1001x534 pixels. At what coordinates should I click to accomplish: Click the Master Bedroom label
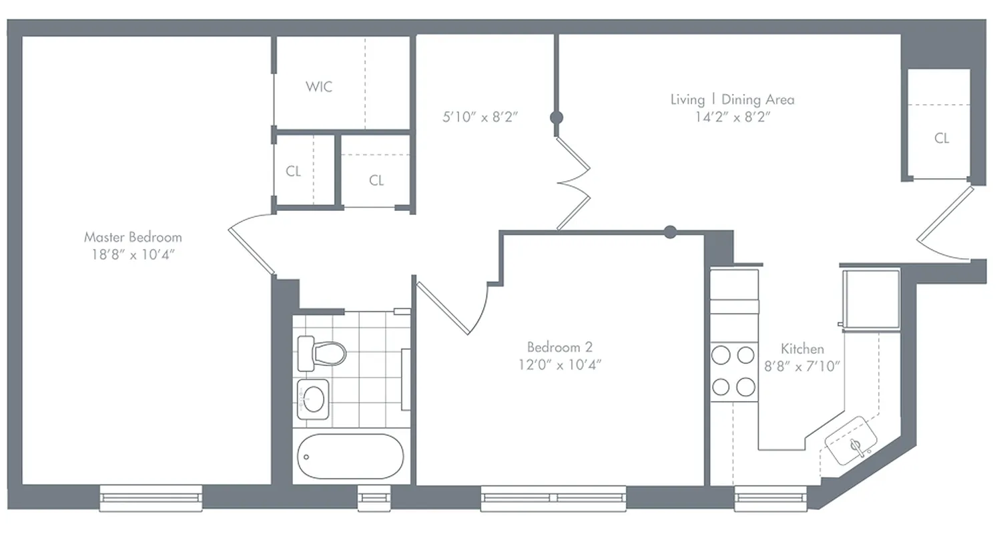pyautogui.click(x=133, y=237)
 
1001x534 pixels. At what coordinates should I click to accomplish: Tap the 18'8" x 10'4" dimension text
pyautogui.click(x=133, y=254)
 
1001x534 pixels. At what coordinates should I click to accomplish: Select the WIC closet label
pyautogui.click(x=319, y=87)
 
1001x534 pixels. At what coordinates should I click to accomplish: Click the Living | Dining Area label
pyautogui.click(x=732, y=99)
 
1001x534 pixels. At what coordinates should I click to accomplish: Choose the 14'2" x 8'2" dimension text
pyautogui.click(x=732, y=117)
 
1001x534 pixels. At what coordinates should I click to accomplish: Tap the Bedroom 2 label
pyautogui.click(x=559, y=347)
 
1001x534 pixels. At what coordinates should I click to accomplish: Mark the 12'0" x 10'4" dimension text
pyautogui.click(x=559, y=364)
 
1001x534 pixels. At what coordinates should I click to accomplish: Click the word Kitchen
pyautogui.click(x=802, y=348)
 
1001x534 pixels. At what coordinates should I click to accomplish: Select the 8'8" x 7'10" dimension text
pyautogui.click(x=802, y=366)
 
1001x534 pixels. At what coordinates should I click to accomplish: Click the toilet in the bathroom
pyautogui.click(x=322, y=352)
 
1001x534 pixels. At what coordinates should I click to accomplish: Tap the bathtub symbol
pyautogui.click(x=350, y=457)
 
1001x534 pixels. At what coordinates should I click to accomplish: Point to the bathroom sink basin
pyautogui.click(x=312, y=399)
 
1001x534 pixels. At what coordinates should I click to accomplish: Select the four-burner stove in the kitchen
pyautogui.click(x=733, y=371)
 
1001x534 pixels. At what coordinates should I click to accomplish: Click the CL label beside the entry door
pyautogui.click(x=942, y=139)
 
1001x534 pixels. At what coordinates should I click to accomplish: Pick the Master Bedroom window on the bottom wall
pyautogui.click(x=151, y=497)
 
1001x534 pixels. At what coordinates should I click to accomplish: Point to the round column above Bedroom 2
pyautogui.click(x=671, y=232)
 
